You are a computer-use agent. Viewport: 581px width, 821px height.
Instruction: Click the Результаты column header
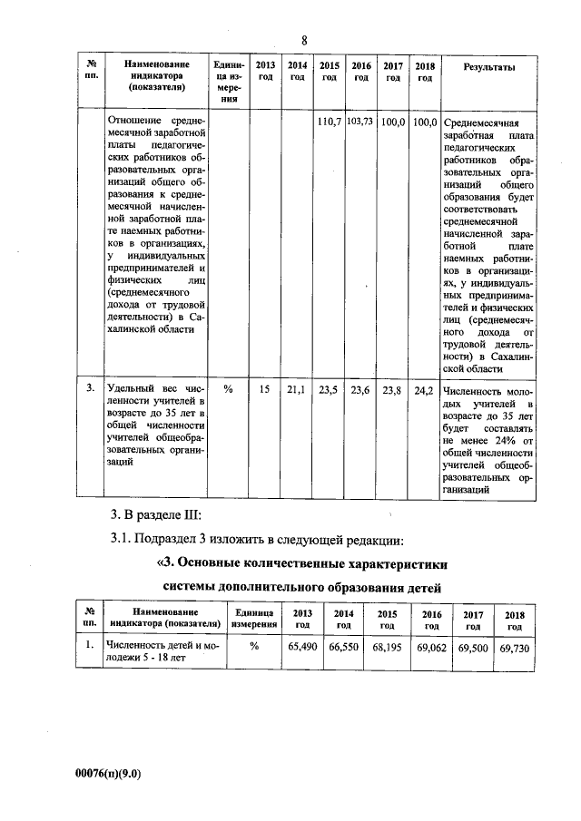pos(489,67)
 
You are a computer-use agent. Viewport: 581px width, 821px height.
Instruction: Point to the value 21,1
pos(296,390)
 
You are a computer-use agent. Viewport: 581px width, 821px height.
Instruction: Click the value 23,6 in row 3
pos(360,390)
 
